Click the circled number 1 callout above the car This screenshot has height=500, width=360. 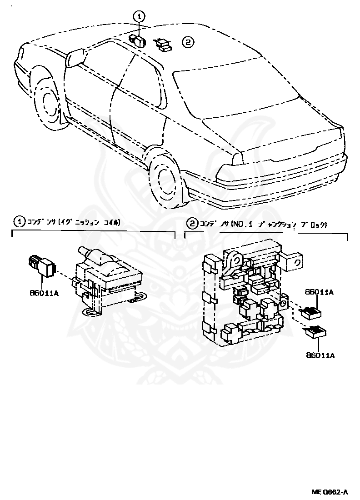139,16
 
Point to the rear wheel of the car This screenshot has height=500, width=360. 164,177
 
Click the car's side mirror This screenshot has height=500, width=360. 75,58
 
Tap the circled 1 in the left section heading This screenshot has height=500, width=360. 19,223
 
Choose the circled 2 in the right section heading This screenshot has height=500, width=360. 193,223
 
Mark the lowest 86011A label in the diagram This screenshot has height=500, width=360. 320,355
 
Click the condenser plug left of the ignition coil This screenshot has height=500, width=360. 42,266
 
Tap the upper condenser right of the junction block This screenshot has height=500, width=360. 310,312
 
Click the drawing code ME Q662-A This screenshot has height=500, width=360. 330,492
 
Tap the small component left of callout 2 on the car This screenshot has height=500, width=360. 164,44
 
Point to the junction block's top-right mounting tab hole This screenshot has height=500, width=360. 298,262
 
